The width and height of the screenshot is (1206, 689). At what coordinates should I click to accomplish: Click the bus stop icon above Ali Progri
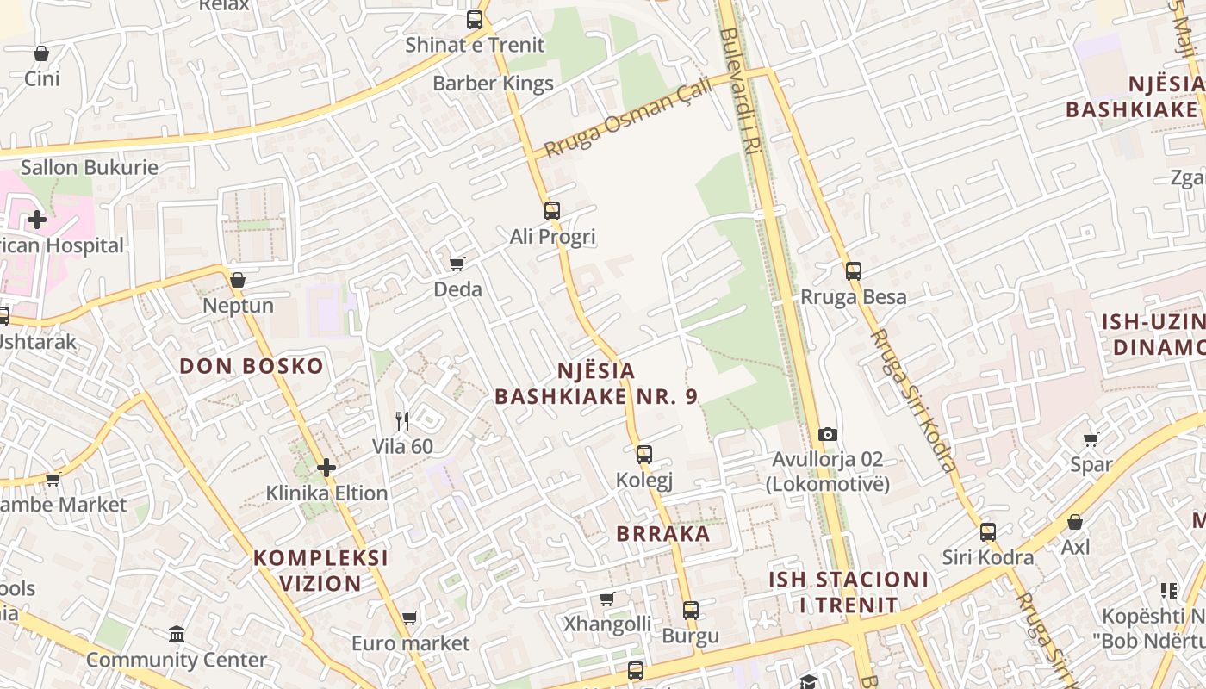[x=552, y=210]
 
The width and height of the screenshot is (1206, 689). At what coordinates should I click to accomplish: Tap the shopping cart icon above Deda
[x=457, y=264]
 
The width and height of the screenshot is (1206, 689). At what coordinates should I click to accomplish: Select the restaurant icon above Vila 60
[x=402, y=420]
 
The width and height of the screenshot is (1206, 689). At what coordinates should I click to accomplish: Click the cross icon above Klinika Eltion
[x=326, y=468]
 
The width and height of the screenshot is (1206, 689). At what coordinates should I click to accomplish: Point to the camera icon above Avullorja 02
[x=828, y=434]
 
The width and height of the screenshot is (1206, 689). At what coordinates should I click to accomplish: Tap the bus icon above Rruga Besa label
[x=854, y=271]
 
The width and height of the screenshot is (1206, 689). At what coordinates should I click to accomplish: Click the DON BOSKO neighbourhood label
[x=252, y=366]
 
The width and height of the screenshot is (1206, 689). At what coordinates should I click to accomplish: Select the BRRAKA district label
[x=663, y=533]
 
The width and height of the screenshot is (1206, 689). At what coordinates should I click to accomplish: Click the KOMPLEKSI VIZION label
[x=320, y=570]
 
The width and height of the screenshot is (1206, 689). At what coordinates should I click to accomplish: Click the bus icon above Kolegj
[x=644, y=454]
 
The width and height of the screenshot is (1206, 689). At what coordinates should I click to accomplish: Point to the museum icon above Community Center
[x=177, y=634]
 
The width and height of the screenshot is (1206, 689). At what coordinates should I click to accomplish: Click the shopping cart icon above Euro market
[x=410, y=618]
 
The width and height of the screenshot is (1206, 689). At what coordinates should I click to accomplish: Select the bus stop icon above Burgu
[x=691, y=611]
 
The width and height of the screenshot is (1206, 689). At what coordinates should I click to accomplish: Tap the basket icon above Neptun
[x=238, y=280]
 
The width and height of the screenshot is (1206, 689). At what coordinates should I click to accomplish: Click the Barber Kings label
[x=493, y=84]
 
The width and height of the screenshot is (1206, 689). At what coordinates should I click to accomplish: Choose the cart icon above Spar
[x=1091, y=439]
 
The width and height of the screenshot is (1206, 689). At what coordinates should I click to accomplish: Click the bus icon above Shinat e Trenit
[x=475, y=19]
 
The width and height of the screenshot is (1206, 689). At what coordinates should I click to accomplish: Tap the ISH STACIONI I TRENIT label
[x=849, y=592]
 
